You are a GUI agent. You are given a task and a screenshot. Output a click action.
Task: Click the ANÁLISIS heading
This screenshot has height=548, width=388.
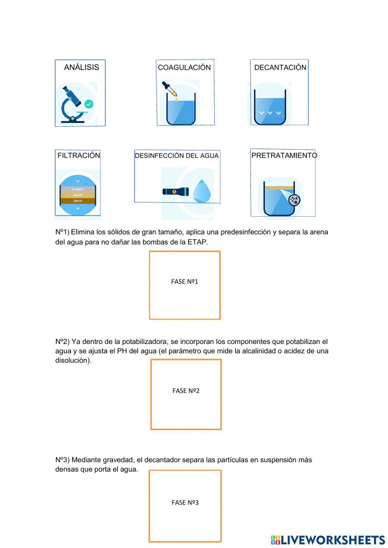coord(81,67)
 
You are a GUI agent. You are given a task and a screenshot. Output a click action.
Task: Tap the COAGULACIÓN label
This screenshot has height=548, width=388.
coord(184,67)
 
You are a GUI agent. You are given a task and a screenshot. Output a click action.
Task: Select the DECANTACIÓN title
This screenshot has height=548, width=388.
coord(280,67)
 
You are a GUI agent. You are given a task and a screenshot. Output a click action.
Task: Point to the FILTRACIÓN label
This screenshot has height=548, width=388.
coord(79,156)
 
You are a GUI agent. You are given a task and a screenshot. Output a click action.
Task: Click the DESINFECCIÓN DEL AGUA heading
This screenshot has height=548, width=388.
coord(177,156)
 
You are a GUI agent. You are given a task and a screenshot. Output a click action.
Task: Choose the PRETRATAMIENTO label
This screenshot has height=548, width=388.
coord(284,156)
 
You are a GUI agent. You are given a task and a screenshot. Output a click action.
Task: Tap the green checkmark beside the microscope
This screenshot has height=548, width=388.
coord(89,104)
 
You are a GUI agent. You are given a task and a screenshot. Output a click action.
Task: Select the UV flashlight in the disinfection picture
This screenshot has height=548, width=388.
coord(176,191)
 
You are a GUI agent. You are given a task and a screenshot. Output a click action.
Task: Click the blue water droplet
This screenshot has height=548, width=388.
coord(202,191)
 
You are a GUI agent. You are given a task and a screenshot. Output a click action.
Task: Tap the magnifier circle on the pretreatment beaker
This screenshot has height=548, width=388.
coord(294,200)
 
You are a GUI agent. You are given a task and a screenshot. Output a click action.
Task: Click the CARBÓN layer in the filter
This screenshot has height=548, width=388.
coord(78,190)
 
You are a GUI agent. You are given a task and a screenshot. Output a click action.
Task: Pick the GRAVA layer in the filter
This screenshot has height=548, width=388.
coord(78,201)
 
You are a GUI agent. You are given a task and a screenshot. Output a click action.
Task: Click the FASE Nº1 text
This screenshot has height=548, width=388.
coord(185,282)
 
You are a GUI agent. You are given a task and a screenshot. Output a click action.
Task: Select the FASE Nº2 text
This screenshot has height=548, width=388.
coord(186,391)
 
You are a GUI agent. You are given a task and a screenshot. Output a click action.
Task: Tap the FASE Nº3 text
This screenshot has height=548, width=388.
coord(185,503)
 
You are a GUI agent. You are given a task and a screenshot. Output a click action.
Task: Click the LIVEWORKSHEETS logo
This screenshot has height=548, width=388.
coord(328,540)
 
